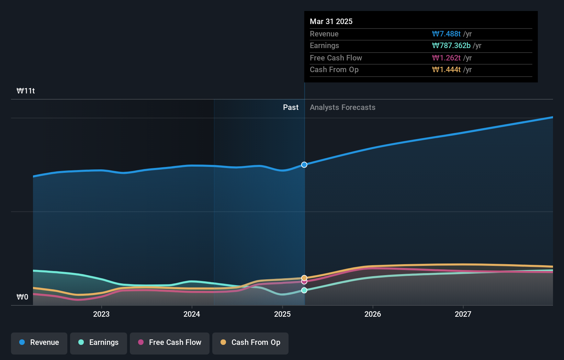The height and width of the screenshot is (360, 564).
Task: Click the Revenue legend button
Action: coord(39,342)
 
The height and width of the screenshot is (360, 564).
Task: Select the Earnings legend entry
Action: coord(99,342)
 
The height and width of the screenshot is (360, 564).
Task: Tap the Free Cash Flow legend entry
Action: coord(170,342)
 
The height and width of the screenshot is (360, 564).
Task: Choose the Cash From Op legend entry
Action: coord(250,342)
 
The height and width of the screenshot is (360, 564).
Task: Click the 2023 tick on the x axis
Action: coord(101,314)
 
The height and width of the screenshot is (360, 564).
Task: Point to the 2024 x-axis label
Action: coord(192,314)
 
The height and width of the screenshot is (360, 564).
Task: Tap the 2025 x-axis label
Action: coord(282,314)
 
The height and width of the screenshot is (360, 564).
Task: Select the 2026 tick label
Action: coord(373,314)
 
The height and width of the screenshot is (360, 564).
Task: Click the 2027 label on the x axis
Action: coord(463,314)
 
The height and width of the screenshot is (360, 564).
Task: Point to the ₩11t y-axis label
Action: coord(26,91)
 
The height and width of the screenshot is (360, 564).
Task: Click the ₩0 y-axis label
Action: coord(22,297)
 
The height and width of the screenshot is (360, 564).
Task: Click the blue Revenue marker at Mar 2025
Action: coord(304,165)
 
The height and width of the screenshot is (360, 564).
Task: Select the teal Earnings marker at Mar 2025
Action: coord(304,290)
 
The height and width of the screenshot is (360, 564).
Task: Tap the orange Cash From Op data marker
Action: coord(304,278)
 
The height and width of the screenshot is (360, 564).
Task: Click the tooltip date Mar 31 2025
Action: coord(331,21)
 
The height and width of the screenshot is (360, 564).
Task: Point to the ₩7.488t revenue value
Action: coord(446,34)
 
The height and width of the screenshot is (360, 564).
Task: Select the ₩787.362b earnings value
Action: coord(451,46)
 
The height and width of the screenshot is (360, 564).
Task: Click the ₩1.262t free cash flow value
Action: coord(446,58)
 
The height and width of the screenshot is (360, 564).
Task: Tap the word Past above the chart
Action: coord(291,108)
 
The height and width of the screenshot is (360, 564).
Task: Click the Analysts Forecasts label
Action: coord(342,108)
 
